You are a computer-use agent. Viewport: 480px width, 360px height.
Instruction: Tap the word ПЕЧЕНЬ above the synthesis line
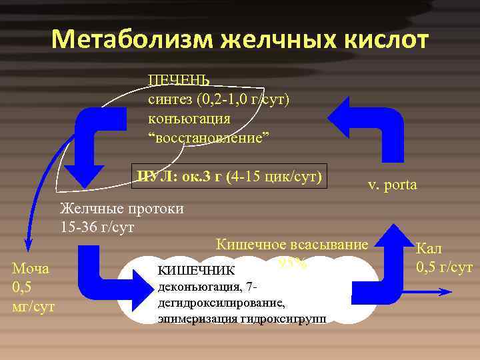179,80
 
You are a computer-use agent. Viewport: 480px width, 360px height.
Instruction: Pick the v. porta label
392,185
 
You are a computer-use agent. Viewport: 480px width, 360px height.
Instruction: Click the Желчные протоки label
122,208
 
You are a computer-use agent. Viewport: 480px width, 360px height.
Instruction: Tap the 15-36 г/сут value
97,227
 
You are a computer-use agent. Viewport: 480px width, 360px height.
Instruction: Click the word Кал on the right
429,250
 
